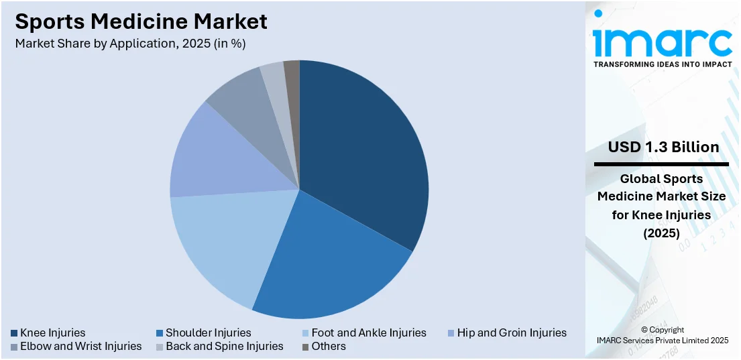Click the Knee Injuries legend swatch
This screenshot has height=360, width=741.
point(15,333)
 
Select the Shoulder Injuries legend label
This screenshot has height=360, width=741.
point(209,333)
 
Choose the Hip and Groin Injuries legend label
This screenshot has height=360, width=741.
point(512,333)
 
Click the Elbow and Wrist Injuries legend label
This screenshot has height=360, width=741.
point(81,347)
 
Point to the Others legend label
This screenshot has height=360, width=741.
point(329,347)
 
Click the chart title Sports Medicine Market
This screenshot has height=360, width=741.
point(141,21)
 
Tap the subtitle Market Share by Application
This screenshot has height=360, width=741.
point(130,44)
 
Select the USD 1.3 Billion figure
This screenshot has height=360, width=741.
point(662,147)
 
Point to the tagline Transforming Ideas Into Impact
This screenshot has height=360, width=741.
point(662,65)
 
